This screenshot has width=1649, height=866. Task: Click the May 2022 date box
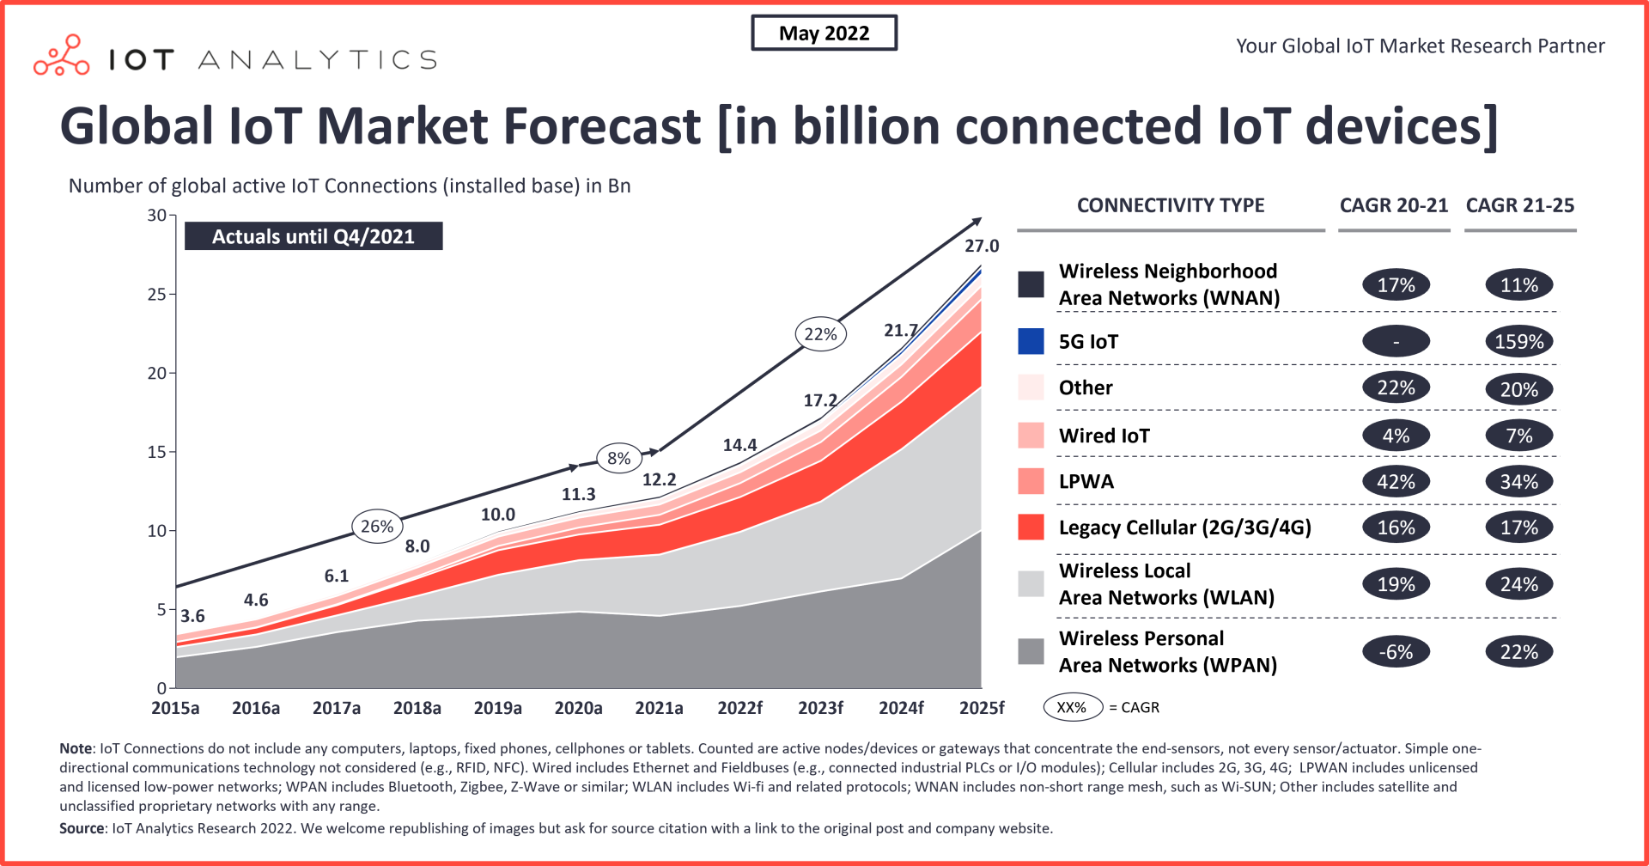pyautogui.click(x=824, y=34)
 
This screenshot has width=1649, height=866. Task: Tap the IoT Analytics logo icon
pyautogui.click(x=62, y=57)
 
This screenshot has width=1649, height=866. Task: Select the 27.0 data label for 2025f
pyautogui.click(x=981, y=247)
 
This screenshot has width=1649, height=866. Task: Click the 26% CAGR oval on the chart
pyautogui.click(x=377, y=527)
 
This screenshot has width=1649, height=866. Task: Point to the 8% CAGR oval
pyautogui.click(x=618, y=459)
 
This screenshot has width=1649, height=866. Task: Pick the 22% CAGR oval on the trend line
pyautogui.click(x=820, y=335)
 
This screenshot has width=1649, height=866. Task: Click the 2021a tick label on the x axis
pyautogui.click(x=659, y=708)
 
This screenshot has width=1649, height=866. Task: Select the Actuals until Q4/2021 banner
pyautogui.click(x=313, y=236)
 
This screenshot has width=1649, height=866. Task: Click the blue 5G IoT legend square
pyautogui.click(x=1031, y=342)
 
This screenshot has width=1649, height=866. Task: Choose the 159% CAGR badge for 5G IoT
pyautogui.click(x=1518, y=342)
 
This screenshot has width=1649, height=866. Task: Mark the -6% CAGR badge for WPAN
pyautogui.click(x=1396, y=652)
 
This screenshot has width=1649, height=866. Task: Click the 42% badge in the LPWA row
pyautogui.click(x=1396, y=482)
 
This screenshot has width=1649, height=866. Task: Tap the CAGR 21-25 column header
pyautogui.click(x=1519, y=206)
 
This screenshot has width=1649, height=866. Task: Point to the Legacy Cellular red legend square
pyautogui.click(x=1031, y=528)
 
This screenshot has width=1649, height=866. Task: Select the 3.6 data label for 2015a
pyautogui.click(x=192, y=616)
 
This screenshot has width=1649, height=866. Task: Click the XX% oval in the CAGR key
pyautogui.click(x=1072, y=708)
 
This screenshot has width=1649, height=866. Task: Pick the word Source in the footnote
pyautogui.click(x=82, y=828)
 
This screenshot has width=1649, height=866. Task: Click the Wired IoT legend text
pyautogui.click(x=1104, y=436)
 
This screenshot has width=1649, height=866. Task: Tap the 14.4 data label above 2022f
pyautogui.click(x=739, y=445)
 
